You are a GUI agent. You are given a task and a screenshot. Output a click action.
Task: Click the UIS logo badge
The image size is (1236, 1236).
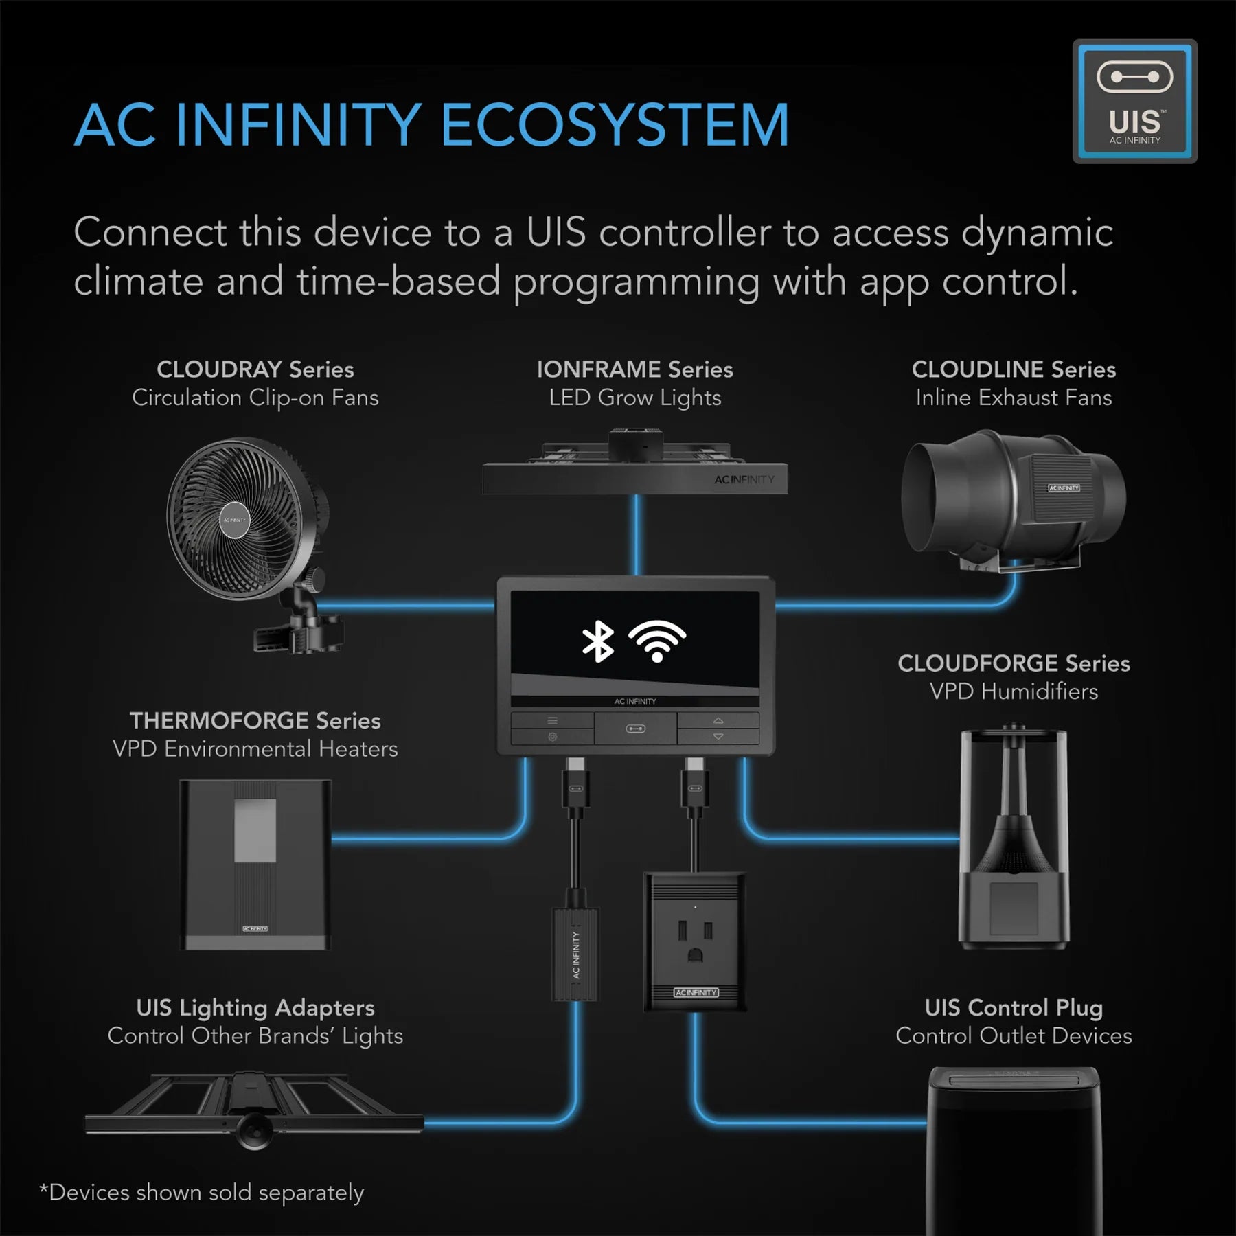point(1134,101)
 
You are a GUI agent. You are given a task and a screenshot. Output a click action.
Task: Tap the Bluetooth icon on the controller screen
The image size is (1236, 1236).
point(597,641)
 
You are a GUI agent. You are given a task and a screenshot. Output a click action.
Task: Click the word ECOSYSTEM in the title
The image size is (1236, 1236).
point(615,125)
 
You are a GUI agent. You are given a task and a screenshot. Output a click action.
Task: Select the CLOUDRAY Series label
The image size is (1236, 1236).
point(255,369)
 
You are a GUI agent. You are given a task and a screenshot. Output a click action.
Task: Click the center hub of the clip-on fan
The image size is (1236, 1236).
point(234,520)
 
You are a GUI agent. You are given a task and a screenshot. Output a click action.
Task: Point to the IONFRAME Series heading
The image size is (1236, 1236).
point(634,369)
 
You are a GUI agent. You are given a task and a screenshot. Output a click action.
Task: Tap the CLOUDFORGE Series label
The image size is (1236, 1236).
point(1013,663)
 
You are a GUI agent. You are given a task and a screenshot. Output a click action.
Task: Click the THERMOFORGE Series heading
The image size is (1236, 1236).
point(255,720)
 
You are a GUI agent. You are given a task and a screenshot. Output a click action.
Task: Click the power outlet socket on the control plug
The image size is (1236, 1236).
point(694,942)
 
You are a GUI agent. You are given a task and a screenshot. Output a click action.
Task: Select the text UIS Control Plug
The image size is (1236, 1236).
point(1013,1007)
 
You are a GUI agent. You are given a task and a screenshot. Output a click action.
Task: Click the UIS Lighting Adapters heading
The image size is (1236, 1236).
point(255,1007)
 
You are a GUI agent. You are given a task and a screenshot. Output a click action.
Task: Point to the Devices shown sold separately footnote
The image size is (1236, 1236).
point(202,1193)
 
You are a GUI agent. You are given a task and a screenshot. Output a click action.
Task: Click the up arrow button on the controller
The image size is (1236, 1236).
point(718,720)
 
